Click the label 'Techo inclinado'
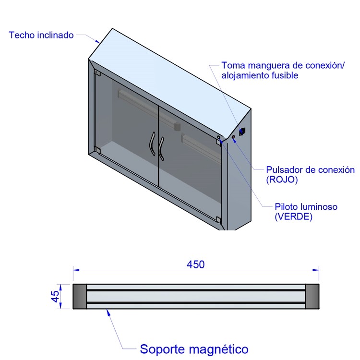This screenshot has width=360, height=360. tap(41, 35)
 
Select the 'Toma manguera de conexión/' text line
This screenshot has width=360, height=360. tap(283, 65)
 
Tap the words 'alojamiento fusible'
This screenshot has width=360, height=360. tap(260, 75)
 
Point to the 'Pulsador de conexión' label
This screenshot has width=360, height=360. tap(311, 170)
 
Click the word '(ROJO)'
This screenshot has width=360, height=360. tap(282, 180)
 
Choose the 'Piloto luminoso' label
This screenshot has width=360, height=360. tap(306, 206)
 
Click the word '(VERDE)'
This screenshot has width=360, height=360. tap(293, 216)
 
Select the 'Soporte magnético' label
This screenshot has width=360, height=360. tap(194, 349)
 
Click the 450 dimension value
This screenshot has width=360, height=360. tap(196, 264)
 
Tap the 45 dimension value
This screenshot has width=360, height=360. tap(55, 297)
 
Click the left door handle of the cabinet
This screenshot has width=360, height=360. tap(152, 144)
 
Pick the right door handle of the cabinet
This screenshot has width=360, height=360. tap(161, 148)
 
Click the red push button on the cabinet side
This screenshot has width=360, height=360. tap(233, 137)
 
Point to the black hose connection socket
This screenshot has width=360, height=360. tap(242, 132)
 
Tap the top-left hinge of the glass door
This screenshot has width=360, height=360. tap(97, 72)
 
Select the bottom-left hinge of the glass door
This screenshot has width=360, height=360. tap(97, 150)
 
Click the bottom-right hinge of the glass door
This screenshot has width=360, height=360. tap(218, 220)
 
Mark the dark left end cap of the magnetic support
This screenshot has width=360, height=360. tap(80, 297)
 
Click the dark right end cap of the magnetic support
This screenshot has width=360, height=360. tap(312, 297)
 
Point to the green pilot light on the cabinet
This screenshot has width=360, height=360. tap(218, 137)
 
